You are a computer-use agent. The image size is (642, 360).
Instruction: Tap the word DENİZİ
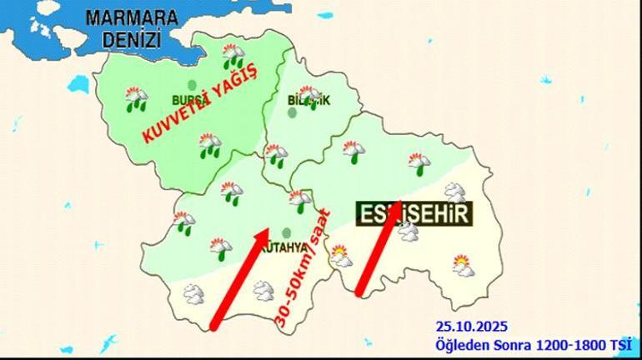click(132, 38)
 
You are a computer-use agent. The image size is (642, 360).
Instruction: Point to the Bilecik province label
click(308, 101)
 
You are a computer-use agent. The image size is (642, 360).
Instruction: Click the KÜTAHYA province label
click(288, 247)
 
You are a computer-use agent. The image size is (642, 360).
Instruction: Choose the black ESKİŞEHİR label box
click(414, 213)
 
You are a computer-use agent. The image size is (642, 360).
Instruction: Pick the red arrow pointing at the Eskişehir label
click(378, 248)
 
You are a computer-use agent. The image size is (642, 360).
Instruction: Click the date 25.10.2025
click(471, 327)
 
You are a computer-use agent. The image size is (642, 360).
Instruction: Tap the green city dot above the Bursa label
click(192, 84)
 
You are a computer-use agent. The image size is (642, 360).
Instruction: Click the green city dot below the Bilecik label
click(292, 112)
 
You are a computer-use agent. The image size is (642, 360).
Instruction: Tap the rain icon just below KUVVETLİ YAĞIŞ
click(209, 146)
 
